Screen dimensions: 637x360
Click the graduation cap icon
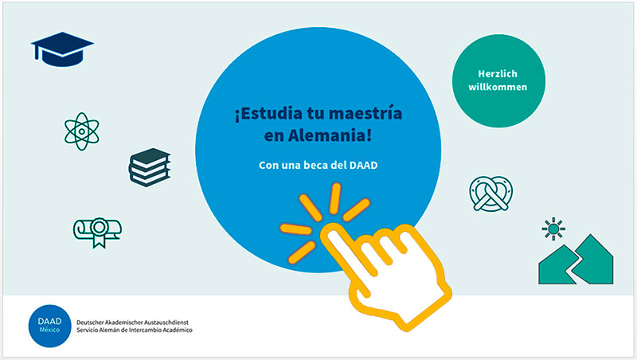pyautogui.click(x=62, y=49)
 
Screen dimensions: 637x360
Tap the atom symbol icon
pyautogui.click(x=82, y=131)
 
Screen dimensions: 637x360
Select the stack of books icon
pyautogui.click(x=150, y=167)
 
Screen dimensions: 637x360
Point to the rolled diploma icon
pyautogui.click(x=97, y=232)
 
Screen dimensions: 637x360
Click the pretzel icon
pyautogui.click(x=490, y=194)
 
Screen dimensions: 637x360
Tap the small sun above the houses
pyautogui.click(x=553, y=229)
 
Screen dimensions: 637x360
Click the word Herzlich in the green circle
pyautogui.click(x=498, y=74)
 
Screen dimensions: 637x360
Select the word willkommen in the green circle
pyautogui.click(x=498, y=87)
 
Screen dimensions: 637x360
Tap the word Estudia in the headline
pyautogui.click(x=268, y=113)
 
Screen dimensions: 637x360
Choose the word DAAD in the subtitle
pyautogui.click(x=364, y=165)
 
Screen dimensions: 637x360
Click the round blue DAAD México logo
pyautogui.click(x=49, y=326)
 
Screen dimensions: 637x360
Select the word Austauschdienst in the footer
pyautogui.click(x=166, y=323)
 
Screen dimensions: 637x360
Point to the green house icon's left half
pyautogui.click(x=557, y=266)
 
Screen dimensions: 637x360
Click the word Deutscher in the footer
pyautogui.click(x=89, y=323)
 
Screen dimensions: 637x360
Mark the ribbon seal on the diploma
pyautogui.click(x=99, y=233)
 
